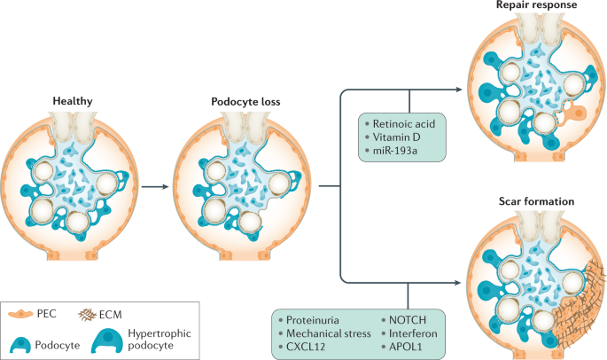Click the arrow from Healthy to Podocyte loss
pyautogui.click(x=157, y=187)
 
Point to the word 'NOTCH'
pyautogui.click(x=406, y=318)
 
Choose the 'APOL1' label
pyautogui.click(x=403, y=347)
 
